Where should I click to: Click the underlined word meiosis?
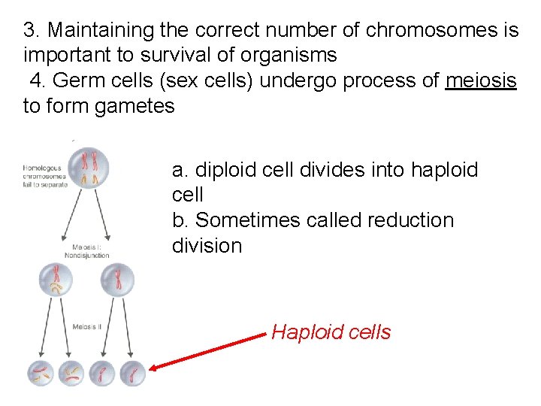(481, 81)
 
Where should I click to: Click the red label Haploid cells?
(331, 332)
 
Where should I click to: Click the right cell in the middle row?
(116, 280)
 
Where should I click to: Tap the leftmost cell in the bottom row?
(41, 374)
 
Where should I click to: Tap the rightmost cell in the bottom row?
(131, 374)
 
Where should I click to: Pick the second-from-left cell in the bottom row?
(71, 374)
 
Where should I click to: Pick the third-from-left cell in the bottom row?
(102, 374)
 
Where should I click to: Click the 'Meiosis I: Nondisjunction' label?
(90, 250)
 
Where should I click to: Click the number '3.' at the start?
(32, 31)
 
